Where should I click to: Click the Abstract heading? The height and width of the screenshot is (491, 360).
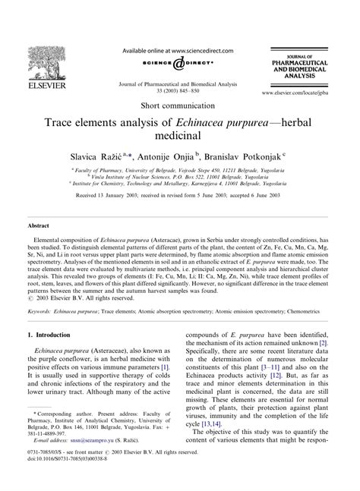point(39,227)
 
